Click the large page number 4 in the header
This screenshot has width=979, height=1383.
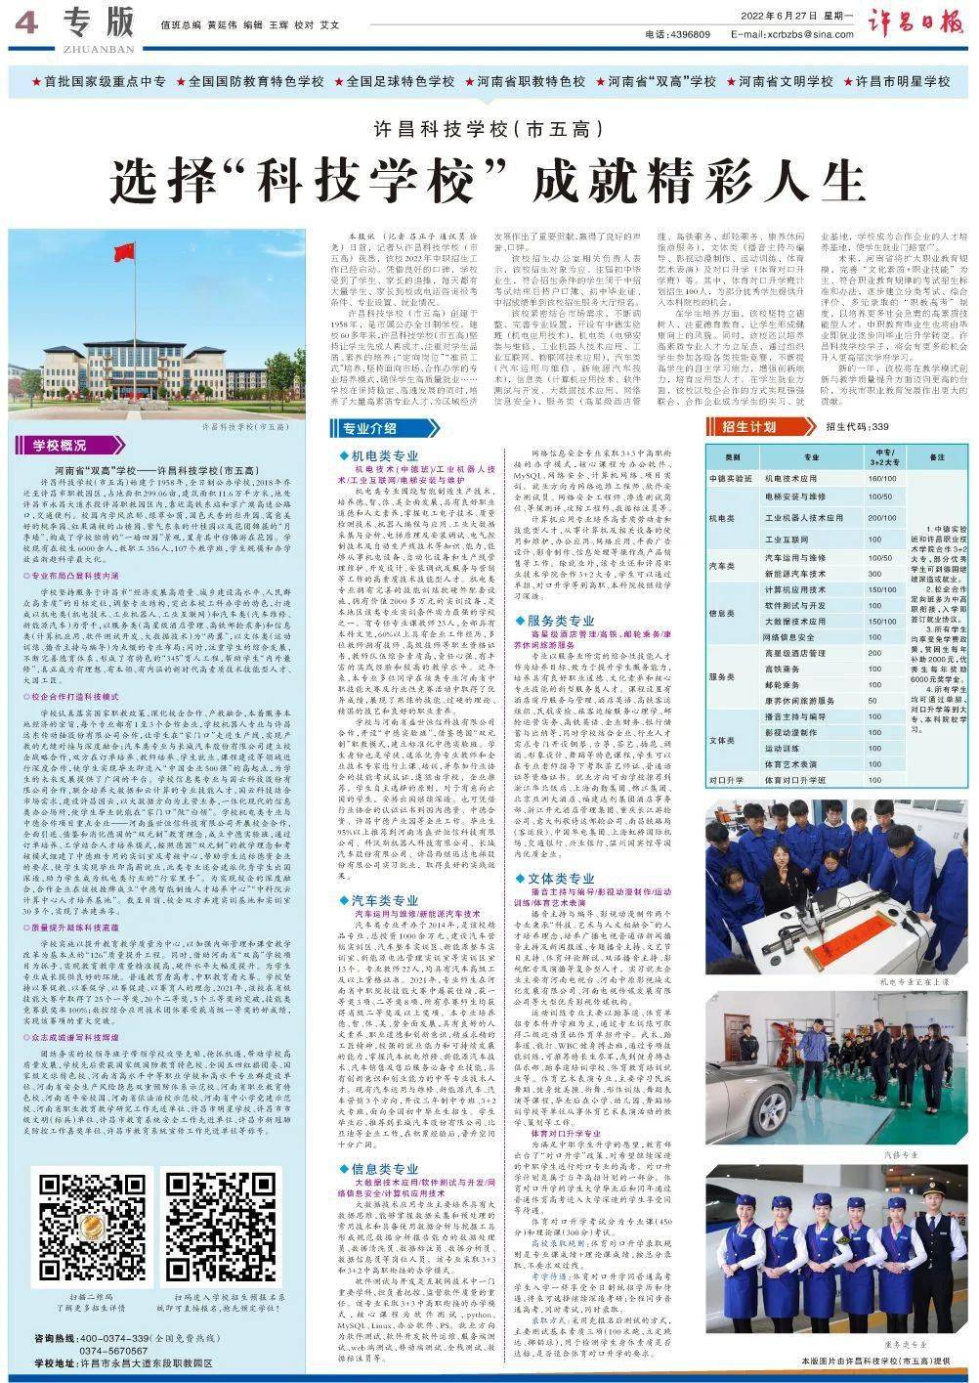click(x=26, y=26)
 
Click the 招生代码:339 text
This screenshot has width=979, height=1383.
click(x=858, y=427)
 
